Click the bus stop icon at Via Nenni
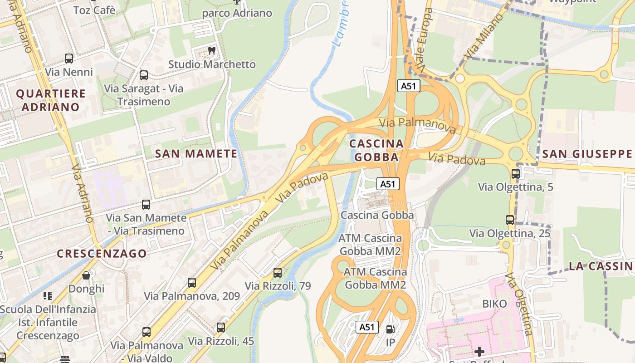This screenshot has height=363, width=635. (x=69, y=58)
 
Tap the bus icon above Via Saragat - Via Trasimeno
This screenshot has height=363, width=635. (x=144, y=75)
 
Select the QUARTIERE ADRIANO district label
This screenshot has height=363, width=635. (x=51, y=100)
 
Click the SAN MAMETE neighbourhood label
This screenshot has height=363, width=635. (x=196, y=154)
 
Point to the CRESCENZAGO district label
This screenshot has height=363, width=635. (x=102, y=254)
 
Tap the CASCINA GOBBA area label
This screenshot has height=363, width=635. (x=376, y=150)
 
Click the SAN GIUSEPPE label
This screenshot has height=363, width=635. (x=588, y=154)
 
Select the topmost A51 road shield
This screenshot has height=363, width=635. (x=408, y=86)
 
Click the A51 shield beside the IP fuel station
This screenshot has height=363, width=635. (x=366, y=327)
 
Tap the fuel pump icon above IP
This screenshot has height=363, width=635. (x=390, y=329)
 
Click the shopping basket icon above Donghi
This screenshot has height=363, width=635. (x=86, y=275)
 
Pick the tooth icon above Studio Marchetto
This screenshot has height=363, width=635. (x=211, y=51)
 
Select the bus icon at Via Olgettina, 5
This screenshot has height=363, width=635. (x=516, y=173)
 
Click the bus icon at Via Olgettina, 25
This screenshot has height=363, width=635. (x=510, y=220)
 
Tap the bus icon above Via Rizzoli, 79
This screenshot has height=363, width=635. (x=278, y=273)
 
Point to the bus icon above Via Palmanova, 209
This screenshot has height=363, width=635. (x=192, y=283)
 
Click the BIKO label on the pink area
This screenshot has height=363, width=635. (x=494, y=303)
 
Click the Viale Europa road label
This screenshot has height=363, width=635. (x=422, y=40)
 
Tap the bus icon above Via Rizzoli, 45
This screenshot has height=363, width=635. (x=221, y=327)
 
